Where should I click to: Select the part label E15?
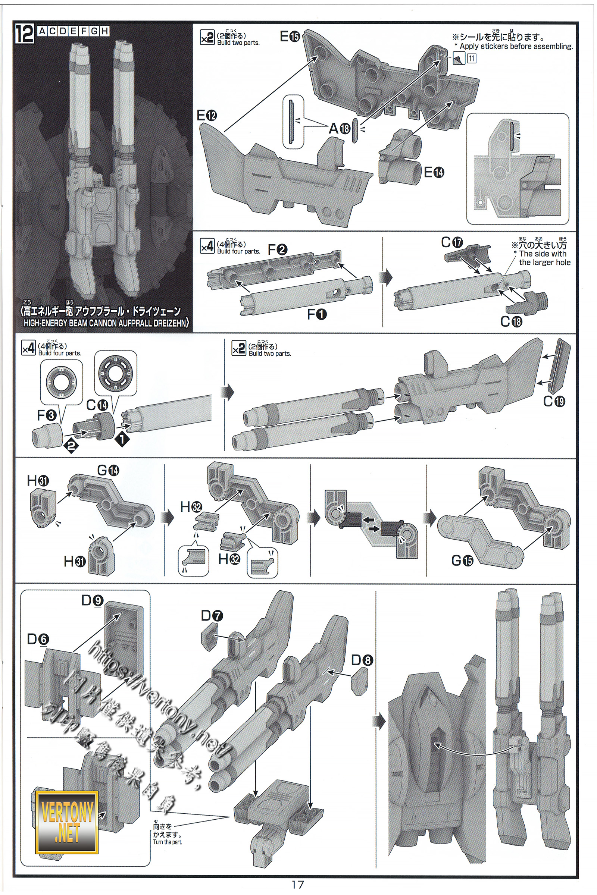(290, 37)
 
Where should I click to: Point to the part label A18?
(340, 129)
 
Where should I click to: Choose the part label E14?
(434, 172)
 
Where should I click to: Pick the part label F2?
(278, 249)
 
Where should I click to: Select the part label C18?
(511, 322)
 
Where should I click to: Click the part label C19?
(554, 401)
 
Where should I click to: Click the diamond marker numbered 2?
(71, 445)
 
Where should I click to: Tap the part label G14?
(108, 470)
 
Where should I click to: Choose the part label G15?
(462, 560)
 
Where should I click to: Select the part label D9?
(92, 600)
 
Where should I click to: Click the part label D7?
(212, 615)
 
